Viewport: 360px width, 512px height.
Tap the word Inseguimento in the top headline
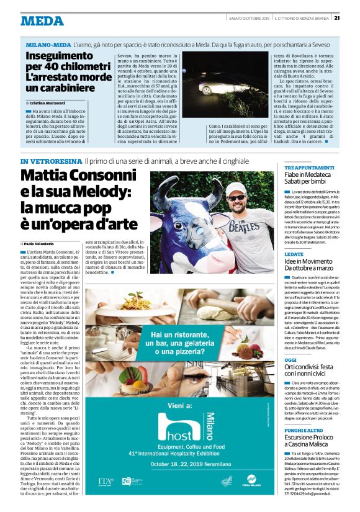tap(57, 56)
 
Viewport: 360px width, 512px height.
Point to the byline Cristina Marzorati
tap(49, 102)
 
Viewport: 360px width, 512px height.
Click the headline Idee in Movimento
tap(310, 262)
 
